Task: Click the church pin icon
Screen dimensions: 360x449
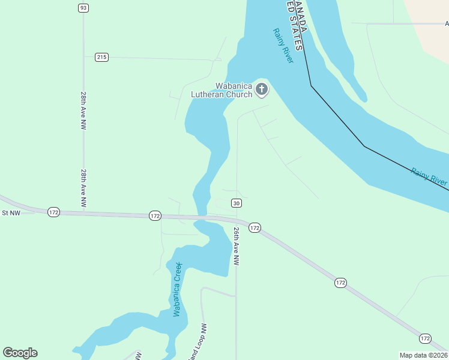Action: point(261,89)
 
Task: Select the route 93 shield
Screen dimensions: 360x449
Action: point(83,8)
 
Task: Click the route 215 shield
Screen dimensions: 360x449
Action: point(101,57)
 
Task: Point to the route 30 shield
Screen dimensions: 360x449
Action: point(237,203)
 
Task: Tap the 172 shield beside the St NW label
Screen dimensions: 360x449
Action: point(54,212)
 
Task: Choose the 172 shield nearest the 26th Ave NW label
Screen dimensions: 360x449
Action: point(255,227)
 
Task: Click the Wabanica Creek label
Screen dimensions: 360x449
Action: point(177,289)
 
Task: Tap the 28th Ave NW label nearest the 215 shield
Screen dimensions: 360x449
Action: point(83,111)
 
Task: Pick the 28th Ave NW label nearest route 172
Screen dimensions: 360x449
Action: point(83,188)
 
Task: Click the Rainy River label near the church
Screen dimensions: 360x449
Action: point(283,46)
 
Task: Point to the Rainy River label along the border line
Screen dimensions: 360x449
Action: point(429,176)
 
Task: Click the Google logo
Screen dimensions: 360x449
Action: point(20,353)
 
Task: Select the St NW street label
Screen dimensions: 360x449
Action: point(11,212)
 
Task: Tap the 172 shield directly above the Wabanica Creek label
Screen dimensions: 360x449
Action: point(155,215)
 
